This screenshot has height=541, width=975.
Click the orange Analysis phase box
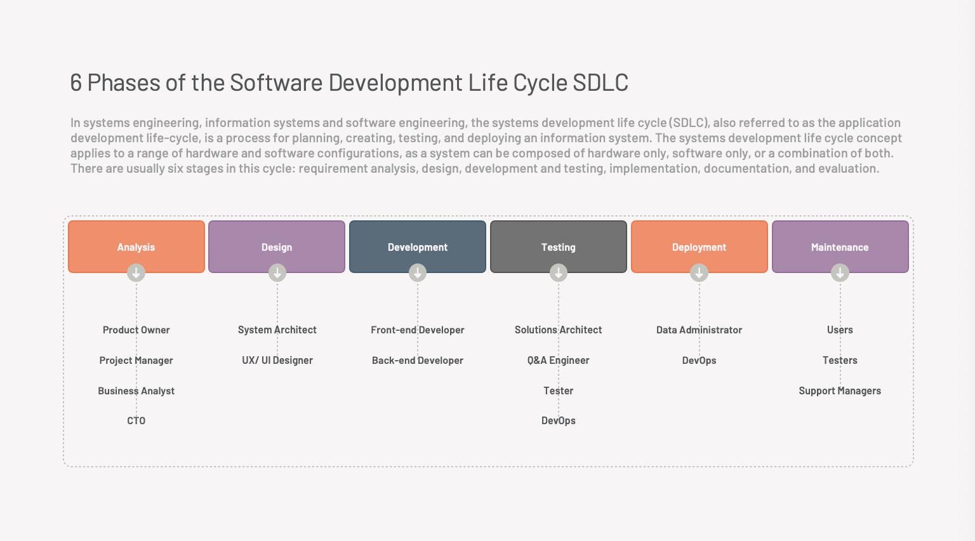click(x=136, y=246)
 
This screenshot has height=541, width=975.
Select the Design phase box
click(x=277, y=246)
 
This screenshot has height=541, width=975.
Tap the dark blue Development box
click(x=418, y=246)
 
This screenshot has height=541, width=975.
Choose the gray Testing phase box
click(x=559, y=246)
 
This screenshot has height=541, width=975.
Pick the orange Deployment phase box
click(x=700, y=246)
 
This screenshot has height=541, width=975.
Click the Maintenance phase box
click(x=840, y=246)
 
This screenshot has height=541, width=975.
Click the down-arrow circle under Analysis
click(x=136, y=272)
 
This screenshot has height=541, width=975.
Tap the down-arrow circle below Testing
click(x=559, y=272)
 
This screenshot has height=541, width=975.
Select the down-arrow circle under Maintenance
click(x=840, y=272)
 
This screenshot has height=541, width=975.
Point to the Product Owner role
click(x=136, y=330)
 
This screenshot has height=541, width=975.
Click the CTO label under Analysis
click(x=136, y=421)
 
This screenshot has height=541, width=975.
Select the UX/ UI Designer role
click(x=277, y=360)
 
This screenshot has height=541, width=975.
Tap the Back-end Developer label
click(x=418, y=360)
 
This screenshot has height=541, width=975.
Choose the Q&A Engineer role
click(x=559, y=360)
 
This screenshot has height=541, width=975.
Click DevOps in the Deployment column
click(x=699, y=360)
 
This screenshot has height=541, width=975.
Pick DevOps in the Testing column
click(x=559, y=421)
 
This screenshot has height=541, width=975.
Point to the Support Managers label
click(x=840, y=391)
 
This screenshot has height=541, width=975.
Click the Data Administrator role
click(x=699, y=330)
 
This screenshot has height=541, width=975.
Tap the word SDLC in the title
click(x=600, y=83)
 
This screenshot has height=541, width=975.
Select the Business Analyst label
click(x=136, y=391)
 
